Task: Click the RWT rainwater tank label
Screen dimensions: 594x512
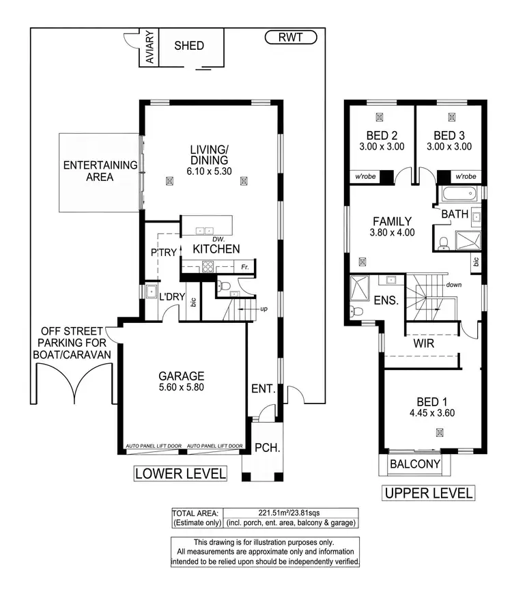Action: click(x=290, y=37)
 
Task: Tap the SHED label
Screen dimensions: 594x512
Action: click(x=189, y=46)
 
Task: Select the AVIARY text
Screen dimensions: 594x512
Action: click(x=150, y=47)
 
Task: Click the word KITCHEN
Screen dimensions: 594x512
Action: click(x=216, y=249)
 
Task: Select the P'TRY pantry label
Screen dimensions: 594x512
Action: click(x=164, y=252)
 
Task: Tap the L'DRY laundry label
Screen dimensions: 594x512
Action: click(x=172, y=297)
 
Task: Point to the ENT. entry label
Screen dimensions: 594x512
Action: click(x=264, y=389)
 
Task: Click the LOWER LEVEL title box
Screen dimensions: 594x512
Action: click(x=180, y=473)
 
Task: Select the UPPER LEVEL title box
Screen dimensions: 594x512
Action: click(x=428, y=493)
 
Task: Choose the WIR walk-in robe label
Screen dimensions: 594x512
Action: click(x=424, y=344)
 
